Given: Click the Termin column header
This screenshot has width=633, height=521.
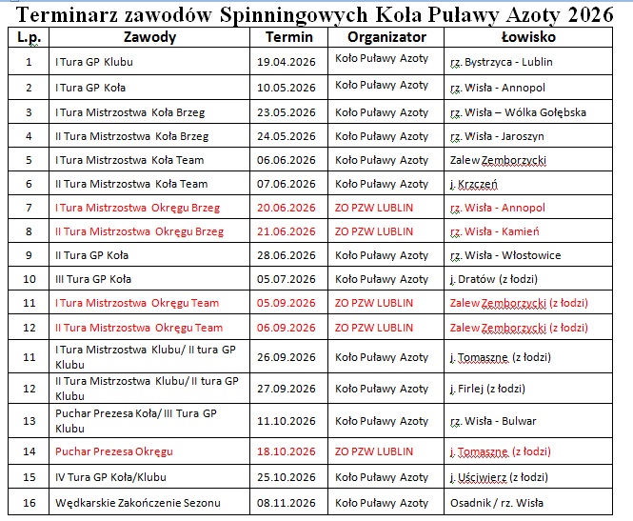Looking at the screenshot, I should click(289, 37).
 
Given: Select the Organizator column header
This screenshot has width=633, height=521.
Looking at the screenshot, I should click(386, 37).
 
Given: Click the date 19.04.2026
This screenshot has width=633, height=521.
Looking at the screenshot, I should click(287, 62).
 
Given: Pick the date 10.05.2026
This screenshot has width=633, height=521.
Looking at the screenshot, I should click(287, 87).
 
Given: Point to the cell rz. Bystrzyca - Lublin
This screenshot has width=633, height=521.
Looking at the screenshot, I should click(501, 62).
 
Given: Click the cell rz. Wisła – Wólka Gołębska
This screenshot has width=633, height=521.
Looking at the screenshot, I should click(518, 111).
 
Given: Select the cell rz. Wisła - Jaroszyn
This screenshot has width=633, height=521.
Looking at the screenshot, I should click(497, 135).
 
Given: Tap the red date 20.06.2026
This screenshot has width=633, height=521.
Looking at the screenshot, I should click(287, 208).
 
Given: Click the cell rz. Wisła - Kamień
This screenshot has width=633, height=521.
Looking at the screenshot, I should click(495, 231).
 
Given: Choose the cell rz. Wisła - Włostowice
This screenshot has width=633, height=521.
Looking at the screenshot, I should click(505, 255).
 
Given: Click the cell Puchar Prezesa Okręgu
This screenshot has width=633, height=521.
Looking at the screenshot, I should click(114, 451).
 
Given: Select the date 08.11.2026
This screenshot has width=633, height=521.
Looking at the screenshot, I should click(287, 503).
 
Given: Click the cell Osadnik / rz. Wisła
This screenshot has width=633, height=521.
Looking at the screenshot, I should click(498, 503).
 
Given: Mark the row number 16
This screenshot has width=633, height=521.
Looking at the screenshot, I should click(29, 503).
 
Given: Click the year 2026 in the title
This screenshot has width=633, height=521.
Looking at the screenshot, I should click(587, 14).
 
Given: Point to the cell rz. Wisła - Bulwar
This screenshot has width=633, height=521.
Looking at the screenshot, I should click(493, 421).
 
